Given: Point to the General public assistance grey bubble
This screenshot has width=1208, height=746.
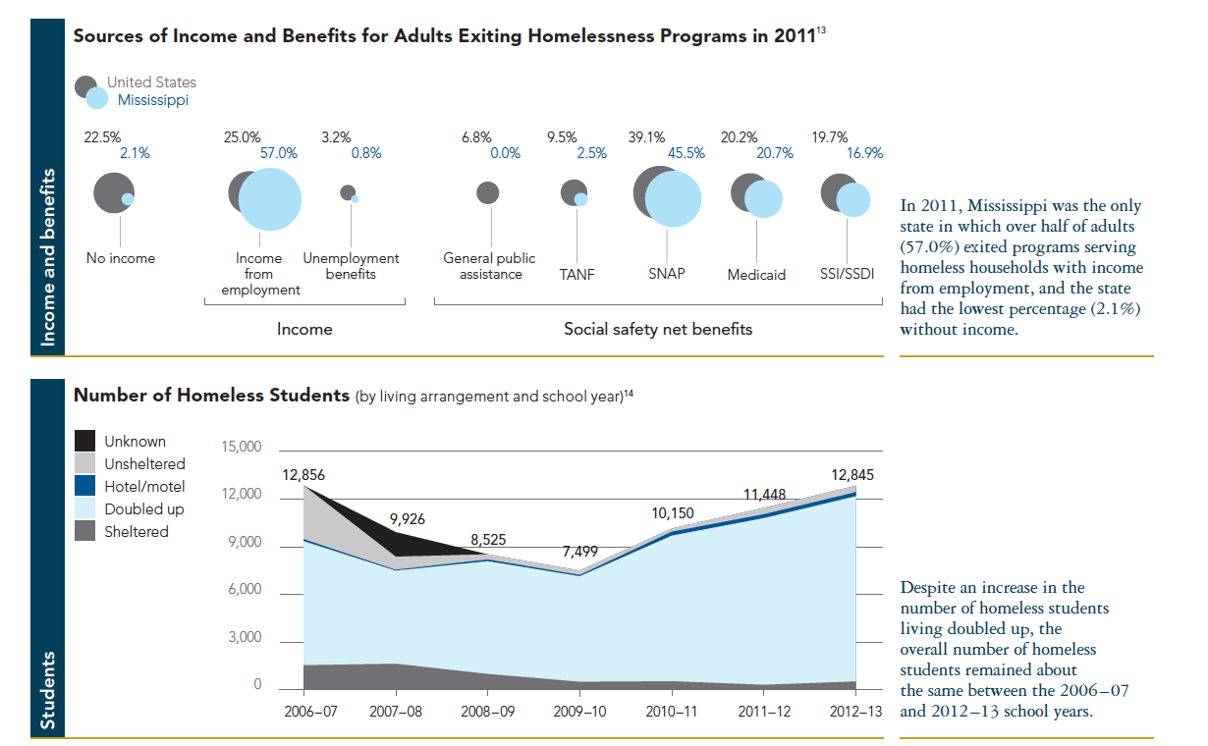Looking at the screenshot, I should (487, 192).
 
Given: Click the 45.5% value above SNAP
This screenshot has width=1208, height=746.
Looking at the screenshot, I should (686, 153).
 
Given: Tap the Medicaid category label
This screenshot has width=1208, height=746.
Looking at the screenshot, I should (756, 275).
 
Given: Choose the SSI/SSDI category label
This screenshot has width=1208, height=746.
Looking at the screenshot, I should (847, 275).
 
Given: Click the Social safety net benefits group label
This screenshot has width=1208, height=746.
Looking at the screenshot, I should (657, 329).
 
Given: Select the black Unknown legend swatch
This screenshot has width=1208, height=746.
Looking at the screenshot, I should (85, 442).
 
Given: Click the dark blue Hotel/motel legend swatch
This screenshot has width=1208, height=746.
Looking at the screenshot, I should (85, 487).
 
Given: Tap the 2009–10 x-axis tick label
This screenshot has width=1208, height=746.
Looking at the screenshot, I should (578, 711).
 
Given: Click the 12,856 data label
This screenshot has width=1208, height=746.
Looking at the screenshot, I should (302, 474).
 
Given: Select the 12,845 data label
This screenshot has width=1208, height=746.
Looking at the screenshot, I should (850, 474).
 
